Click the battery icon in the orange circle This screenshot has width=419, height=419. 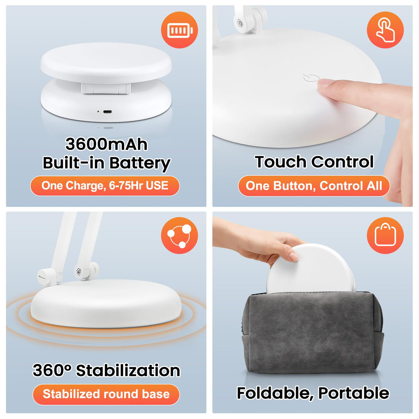(x=180, y=30)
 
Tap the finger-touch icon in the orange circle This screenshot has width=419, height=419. (x=385, y=30)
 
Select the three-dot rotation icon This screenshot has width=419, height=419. (x=180, y=236)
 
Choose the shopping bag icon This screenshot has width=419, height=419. (x=385, y=235)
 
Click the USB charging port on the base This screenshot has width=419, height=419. (x=107, y=112)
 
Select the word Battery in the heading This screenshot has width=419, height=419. (x=139, y=163)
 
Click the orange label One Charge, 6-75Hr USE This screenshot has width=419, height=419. (x=105, y=186)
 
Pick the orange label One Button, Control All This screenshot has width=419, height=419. (x=314, y=186)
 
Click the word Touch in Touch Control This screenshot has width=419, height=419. (x=281, y=162)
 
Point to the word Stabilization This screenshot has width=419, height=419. (x=128, y=371)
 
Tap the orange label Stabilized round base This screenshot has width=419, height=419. (x=106, y=394)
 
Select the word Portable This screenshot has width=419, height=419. (x=354, y=393)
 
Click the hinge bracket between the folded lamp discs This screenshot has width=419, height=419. (x=106, y=88)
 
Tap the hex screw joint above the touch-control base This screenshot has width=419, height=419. (x=240, y=22)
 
